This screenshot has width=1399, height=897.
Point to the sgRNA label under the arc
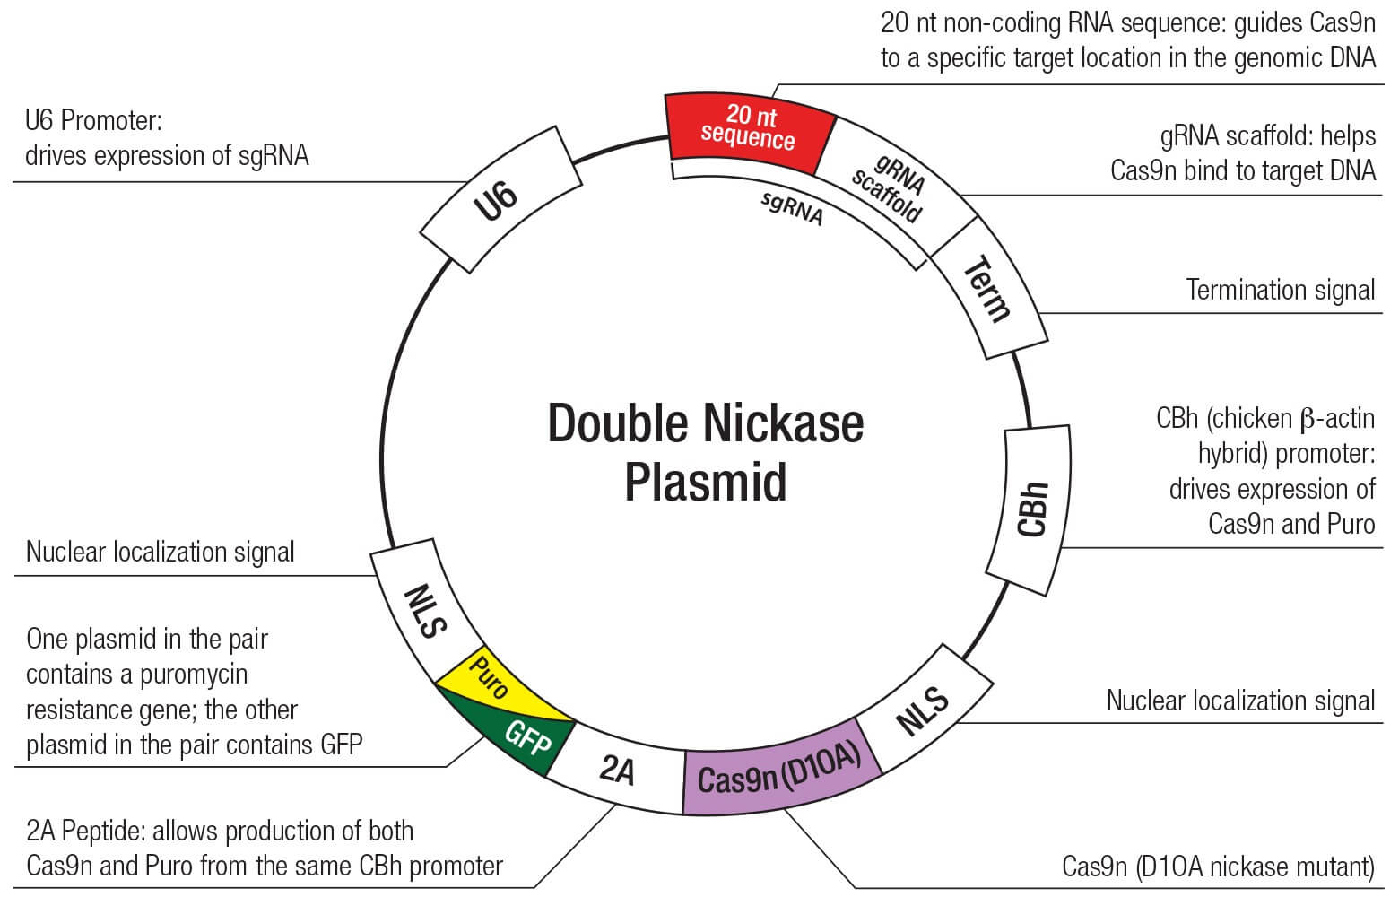coord(792,208)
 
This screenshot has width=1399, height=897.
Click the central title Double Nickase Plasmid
coord(705,452)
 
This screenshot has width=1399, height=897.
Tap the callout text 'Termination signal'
coord(1280,290)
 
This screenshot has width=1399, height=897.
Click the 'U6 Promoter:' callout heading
coord(93,120)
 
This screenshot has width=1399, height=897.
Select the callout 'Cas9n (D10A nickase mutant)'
coord(1217,867)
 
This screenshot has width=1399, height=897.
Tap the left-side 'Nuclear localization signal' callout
coord(160,552)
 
